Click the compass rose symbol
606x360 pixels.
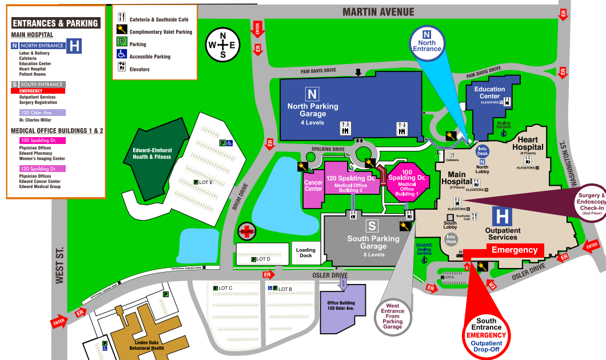[x=223, y=45]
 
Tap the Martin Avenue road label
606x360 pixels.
[x=378, y=12]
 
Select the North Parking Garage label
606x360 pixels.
[x=313, y=110]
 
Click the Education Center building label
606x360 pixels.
[x=489, y=93]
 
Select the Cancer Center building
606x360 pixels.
[x=313, y=186]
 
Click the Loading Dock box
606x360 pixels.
[x=306, y=253]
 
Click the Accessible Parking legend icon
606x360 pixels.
[x=122, y=55]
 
